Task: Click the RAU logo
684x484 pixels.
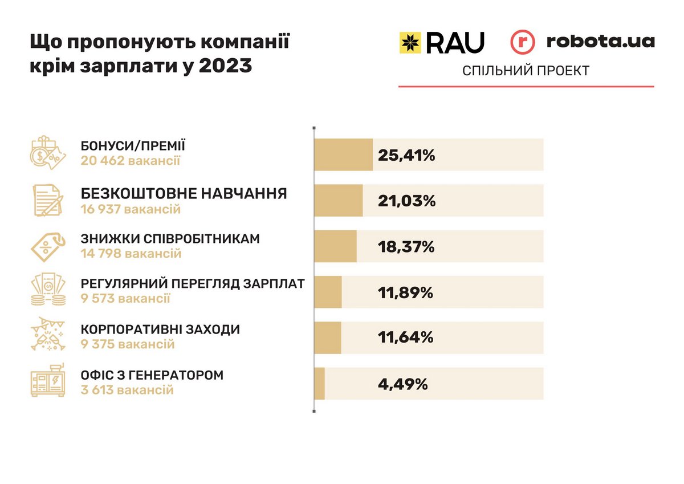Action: pyautogui.click(x=442, y=42)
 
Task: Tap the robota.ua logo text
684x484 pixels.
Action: pyautogui.click(x=600, y=42)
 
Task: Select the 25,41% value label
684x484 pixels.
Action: pyautogui.click(x=406, y=154)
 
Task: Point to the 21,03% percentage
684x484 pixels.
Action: pyautogui.click(x=406, y=201)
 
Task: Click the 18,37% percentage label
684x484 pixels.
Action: pyautogui.click(x=406, y=247)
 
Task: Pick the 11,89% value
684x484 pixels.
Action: pyautogui.click(x=405, y=292)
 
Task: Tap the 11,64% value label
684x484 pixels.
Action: pyautogui.click(x=405, y=337)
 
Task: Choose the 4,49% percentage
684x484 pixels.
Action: pyautogui.click(x=402, y=384)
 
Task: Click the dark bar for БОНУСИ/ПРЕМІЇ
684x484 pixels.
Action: pyautogui.click(x=343, y=154)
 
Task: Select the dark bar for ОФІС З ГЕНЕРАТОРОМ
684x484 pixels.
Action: pyautogui.click(x=319, y=384)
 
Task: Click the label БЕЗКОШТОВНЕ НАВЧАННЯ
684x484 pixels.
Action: pyautogui.click(x=184, y=194)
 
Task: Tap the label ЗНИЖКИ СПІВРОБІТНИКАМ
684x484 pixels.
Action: pyautogui.click(x=170, y=239)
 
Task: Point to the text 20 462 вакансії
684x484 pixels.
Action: pyautogui.click(x=131, y=161)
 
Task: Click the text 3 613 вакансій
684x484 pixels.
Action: pyautogui.click(x=127, y=391)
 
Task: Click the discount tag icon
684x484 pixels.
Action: pyautogui.click(x=48, y=246)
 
